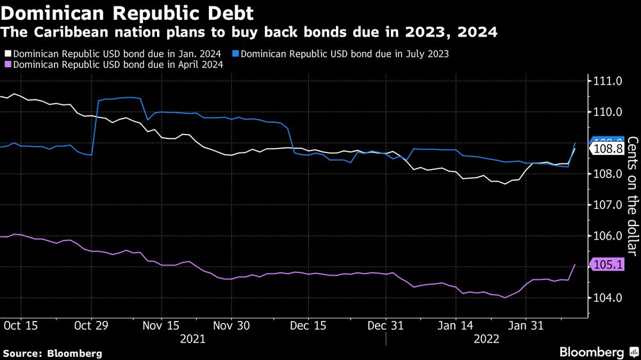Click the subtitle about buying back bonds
tap(250, 32)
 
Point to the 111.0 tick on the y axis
tap(610, 81)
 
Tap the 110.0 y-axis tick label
tap(610, 112)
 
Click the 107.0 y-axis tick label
tap(610, 205)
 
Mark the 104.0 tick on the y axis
tap(610, 298)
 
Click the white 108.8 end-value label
tap(608, 149)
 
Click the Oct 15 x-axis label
tap(21, 325)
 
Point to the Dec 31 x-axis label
tap(385, 325)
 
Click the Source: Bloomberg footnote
tap(53, 353)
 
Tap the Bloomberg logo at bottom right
tap(592, 352)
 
